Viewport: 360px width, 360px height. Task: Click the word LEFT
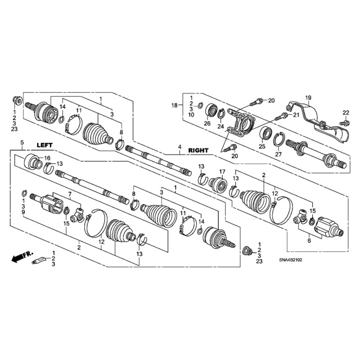tap(45, 145)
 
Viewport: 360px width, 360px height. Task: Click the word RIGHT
tap(199, 150)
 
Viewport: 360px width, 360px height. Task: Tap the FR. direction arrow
tap(22, 256)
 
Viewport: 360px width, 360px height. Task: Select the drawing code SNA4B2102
tap(290, 260)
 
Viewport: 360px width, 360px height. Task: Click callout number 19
tap(308, 98)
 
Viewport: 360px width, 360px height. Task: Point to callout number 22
tap(346, 112)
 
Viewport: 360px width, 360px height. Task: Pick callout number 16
tap(47, 158)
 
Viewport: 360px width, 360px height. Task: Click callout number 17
tap(222, 172)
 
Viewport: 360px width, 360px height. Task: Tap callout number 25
tap(262, 146)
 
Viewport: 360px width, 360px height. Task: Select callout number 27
tap(278, 154)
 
